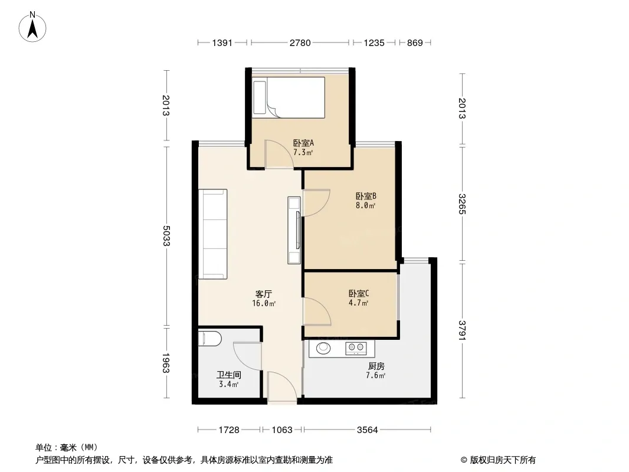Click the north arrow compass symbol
(x=32, y=27)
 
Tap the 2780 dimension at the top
(x=300, y=42)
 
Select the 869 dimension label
(x=415, y=42)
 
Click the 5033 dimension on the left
(x=166, y=236)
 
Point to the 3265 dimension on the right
(x=463, y=204)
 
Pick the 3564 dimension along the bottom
(x=368, y=430)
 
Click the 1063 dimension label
(x=282, y=430)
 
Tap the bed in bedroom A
(x=289, y=97)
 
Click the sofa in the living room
(x=213, y=234)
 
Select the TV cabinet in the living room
(x=294, y=230)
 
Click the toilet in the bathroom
(x=209, y=339)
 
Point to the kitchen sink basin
(x=323, y=348)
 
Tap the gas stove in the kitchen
(x=356, y=348)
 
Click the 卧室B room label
(x=366, y=196)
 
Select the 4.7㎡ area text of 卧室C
(x=359, y=303)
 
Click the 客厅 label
(x=264, y=294)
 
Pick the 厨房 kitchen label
(x=376, y=366)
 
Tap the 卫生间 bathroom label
(x=229, y=375)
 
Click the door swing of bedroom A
(x=279, y=153)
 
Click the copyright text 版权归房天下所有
(x=503, y=460)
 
